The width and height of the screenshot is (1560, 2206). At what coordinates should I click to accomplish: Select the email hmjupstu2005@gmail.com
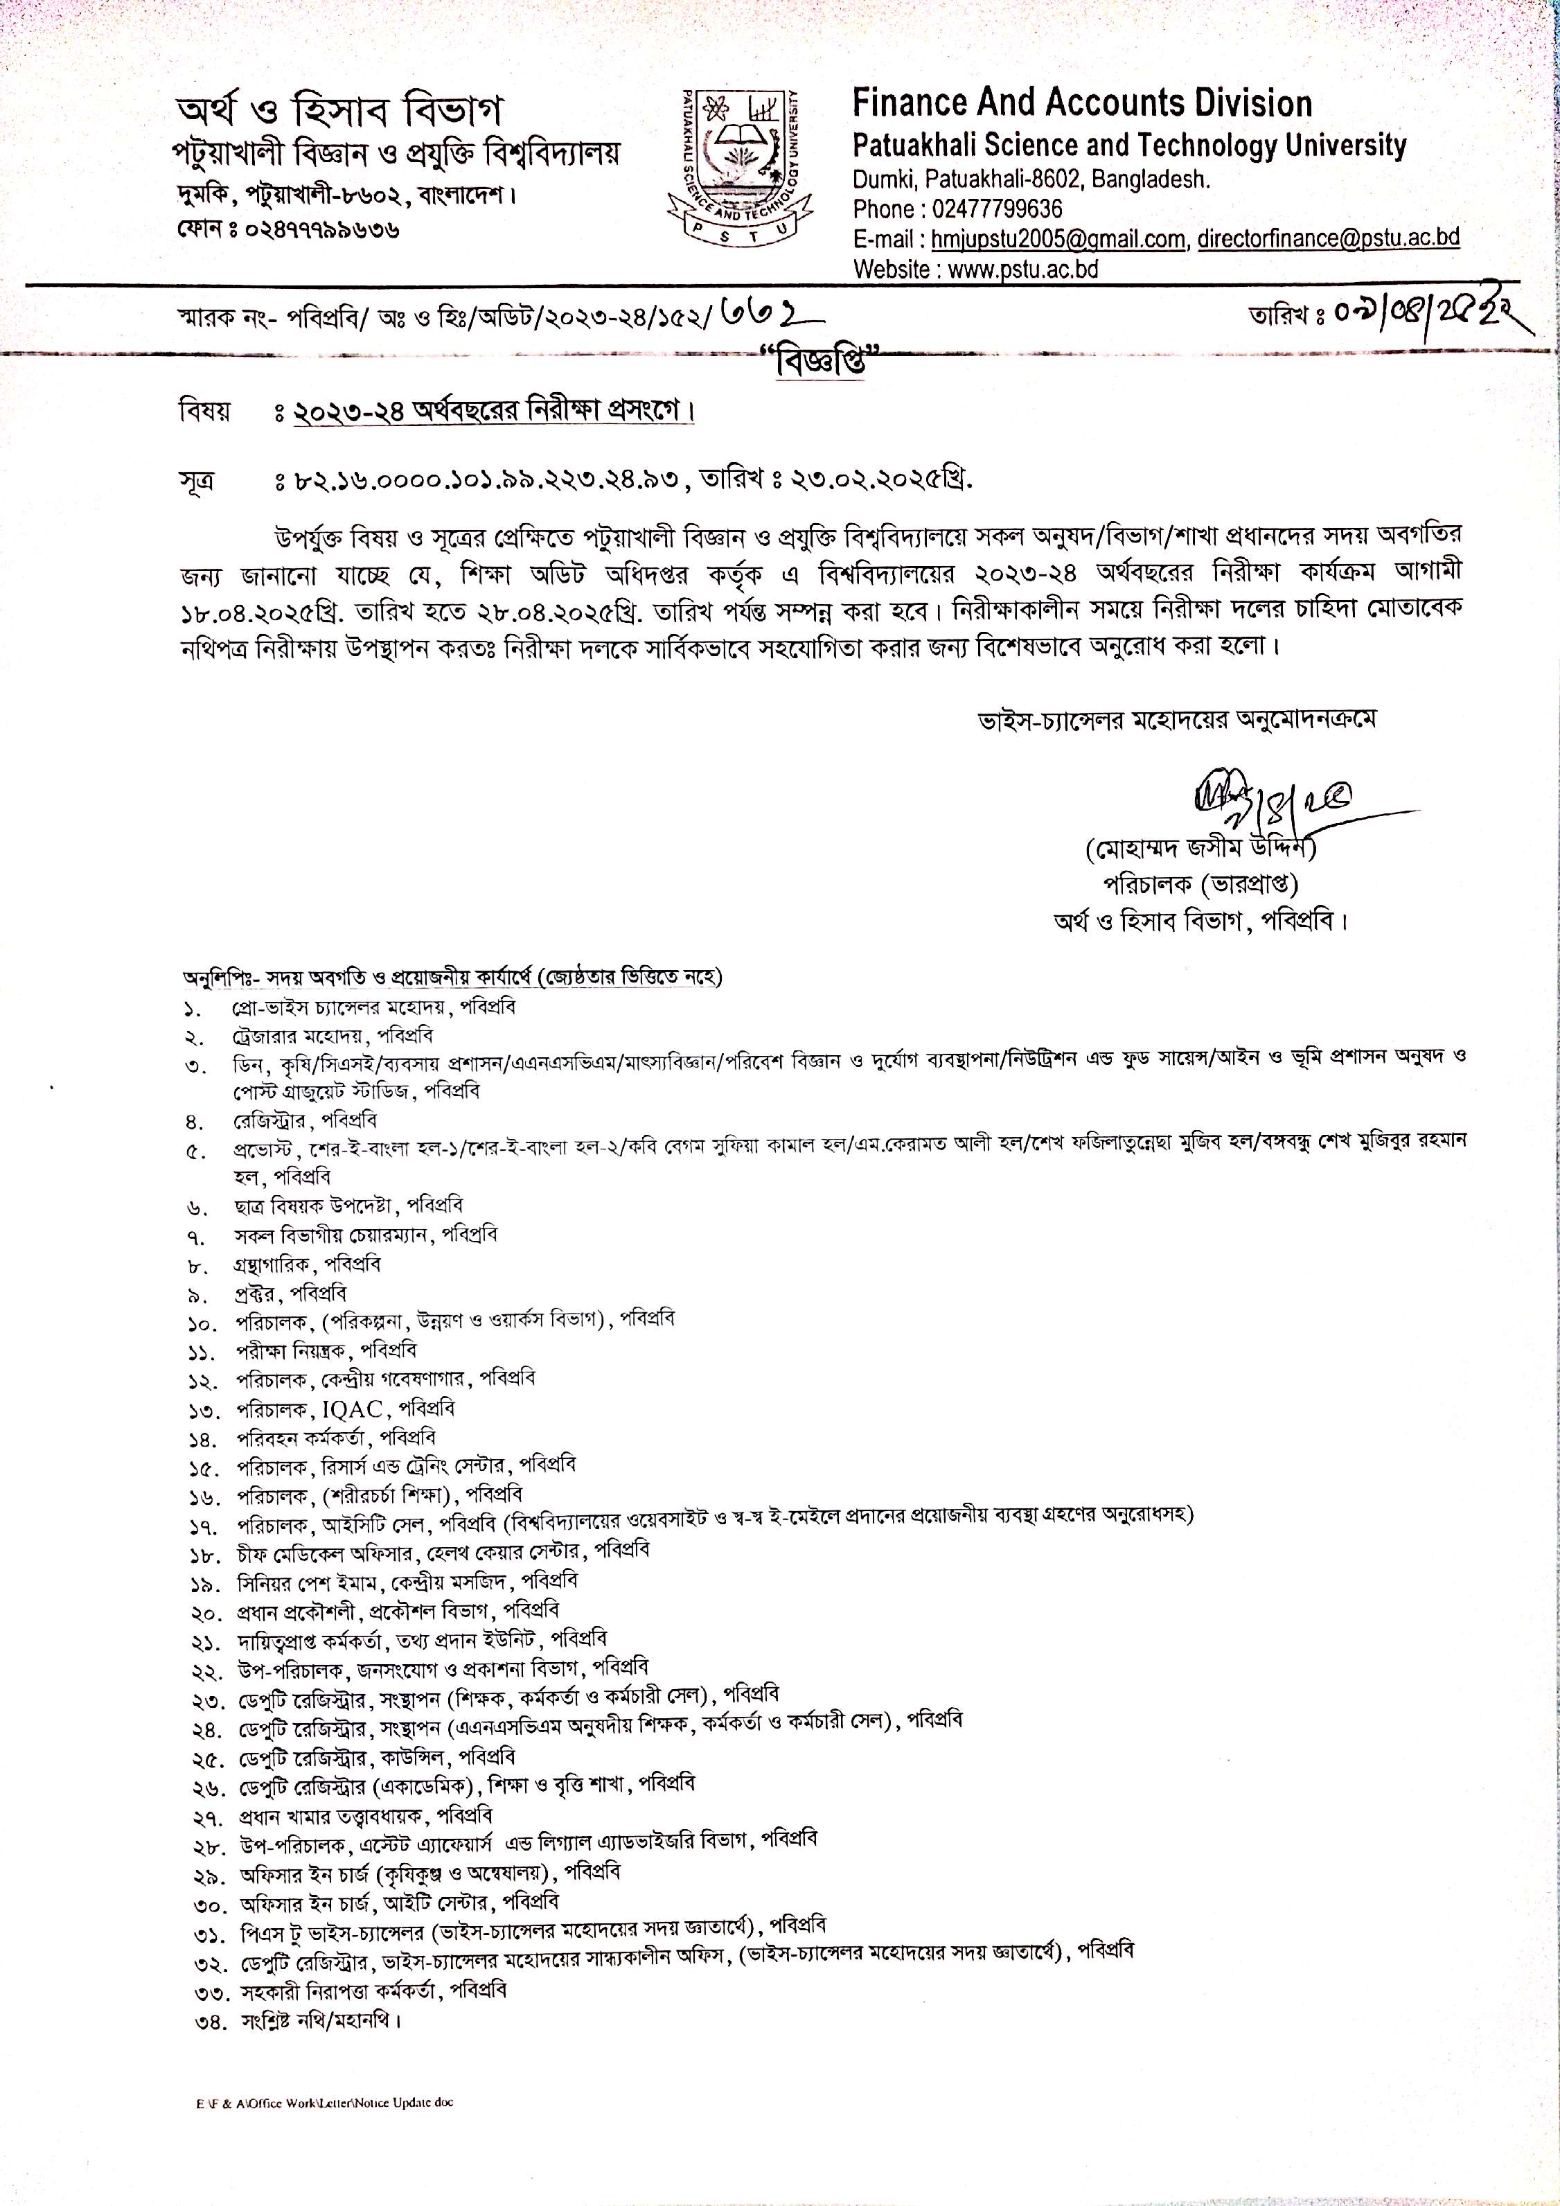coord(1058,238)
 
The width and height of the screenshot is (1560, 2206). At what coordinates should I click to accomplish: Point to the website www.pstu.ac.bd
coord(1023,269)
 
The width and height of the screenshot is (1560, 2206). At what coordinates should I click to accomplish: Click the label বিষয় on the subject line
coord(204,412)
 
